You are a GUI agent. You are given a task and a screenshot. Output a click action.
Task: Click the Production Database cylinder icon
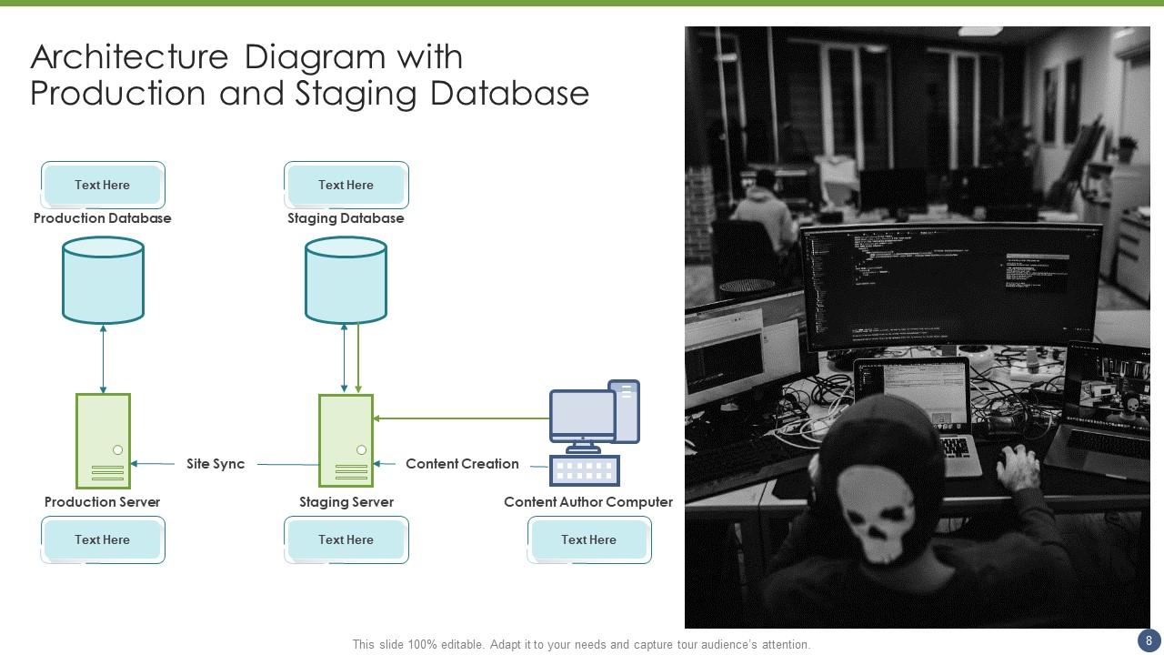point(103,280)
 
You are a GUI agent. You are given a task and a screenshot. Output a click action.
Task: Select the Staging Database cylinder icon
point(346,280)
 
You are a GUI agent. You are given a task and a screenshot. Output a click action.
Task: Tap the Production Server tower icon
point(103,441)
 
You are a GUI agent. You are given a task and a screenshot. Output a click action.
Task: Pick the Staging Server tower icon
point(346,441)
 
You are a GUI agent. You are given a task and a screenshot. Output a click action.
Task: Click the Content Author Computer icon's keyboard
point(585,470)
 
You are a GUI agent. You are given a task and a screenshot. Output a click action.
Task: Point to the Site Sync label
point(216,464)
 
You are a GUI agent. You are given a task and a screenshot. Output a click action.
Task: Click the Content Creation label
point(462,464)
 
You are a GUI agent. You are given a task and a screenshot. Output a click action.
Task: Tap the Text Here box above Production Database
point(103,185)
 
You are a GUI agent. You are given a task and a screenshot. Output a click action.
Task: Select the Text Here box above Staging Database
point(346,185)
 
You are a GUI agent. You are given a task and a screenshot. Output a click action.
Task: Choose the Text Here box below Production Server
point(103,539)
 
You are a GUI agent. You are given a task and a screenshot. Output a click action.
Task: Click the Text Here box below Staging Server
point(346,539)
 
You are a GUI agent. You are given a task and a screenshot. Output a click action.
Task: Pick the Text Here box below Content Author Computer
point(588,539)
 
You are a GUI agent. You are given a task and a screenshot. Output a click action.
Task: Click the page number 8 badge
point(1149,640)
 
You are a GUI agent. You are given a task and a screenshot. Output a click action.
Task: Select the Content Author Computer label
point(588,502)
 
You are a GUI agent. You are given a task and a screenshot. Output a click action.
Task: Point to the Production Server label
point(102,502)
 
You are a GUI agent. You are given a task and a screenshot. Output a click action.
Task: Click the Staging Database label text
point(346,218)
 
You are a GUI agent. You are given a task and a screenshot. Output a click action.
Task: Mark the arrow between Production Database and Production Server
point(103,358)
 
